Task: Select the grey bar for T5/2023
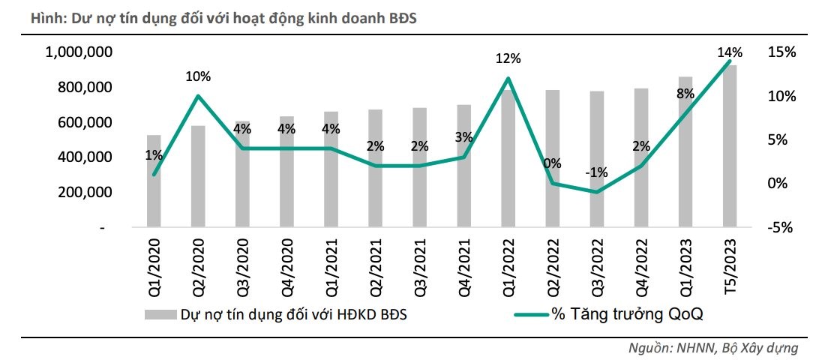(x=729, y=146)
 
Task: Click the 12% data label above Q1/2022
(x=508, y=59)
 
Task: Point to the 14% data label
(x=729, y=52)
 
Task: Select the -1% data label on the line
(x=596, y=173)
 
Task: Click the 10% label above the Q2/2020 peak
(x=199, y=76)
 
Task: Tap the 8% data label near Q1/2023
(x=685, y=94)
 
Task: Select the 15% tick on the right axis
(x=781, y=52)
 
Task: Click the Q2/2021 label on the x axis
(x=375, y=265)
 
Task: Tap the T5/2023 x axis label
(x=729, y=265)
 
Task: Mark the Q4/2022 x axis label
(x=640, y=265)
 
